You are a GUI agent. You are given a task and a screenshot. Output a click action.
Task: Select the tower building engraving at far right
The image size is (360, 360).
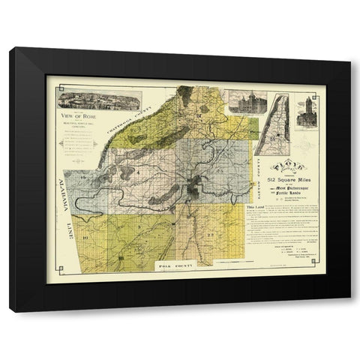[310, 111]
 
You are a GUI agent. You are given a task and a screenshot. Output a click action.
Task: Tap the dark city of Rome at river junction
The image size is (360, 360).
[193, 186]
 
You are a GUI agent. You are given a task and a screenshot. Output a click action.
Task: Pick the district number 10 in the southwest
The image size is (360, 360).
[85, 237]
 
